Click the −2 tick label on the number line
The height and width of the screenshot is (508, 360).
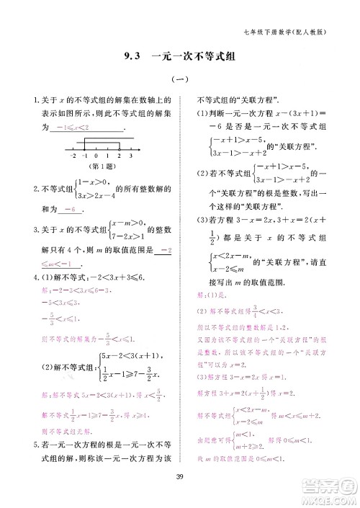pyautogui.click(x=73, y=156)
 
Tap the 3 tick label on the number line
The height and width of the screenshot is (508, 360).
pyautogui.click(x=131, y=156)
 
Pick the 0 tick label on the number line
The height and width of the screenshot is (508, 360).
pyautogui.click(x=96, y=156)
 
